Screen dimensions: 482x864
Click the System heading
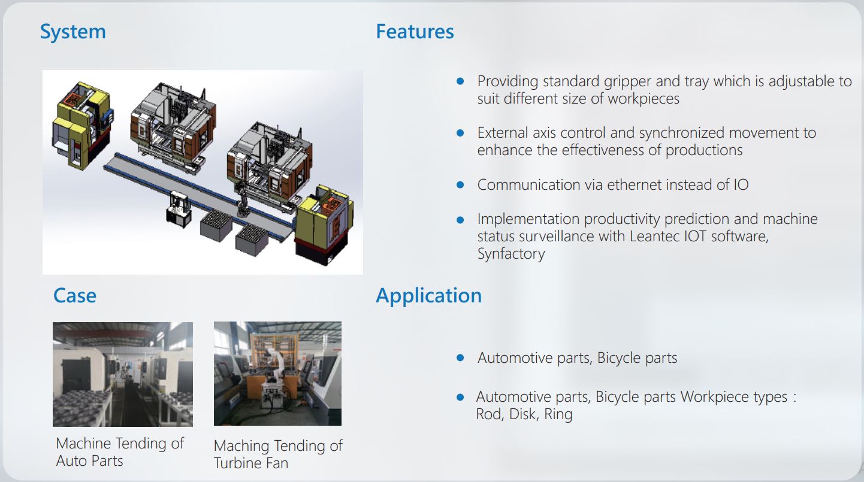72,32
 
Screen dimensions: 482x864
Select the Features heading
415,32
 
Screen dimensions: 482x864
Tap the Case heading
74,296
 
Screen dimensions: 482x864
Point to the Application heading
428,296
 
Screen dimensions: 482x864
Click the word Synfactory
511,254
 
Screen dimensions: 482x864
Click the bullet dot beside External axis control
460,133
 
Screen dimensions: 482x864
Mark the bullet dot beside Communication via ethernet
460,185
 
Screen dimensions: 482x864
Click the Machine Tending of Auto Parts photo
123,374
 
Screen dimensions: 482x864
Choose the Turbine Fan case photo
277,374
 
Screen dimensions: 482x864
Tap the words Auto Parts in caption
89,461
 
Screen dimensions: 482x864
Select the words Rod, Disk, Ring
524,414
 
